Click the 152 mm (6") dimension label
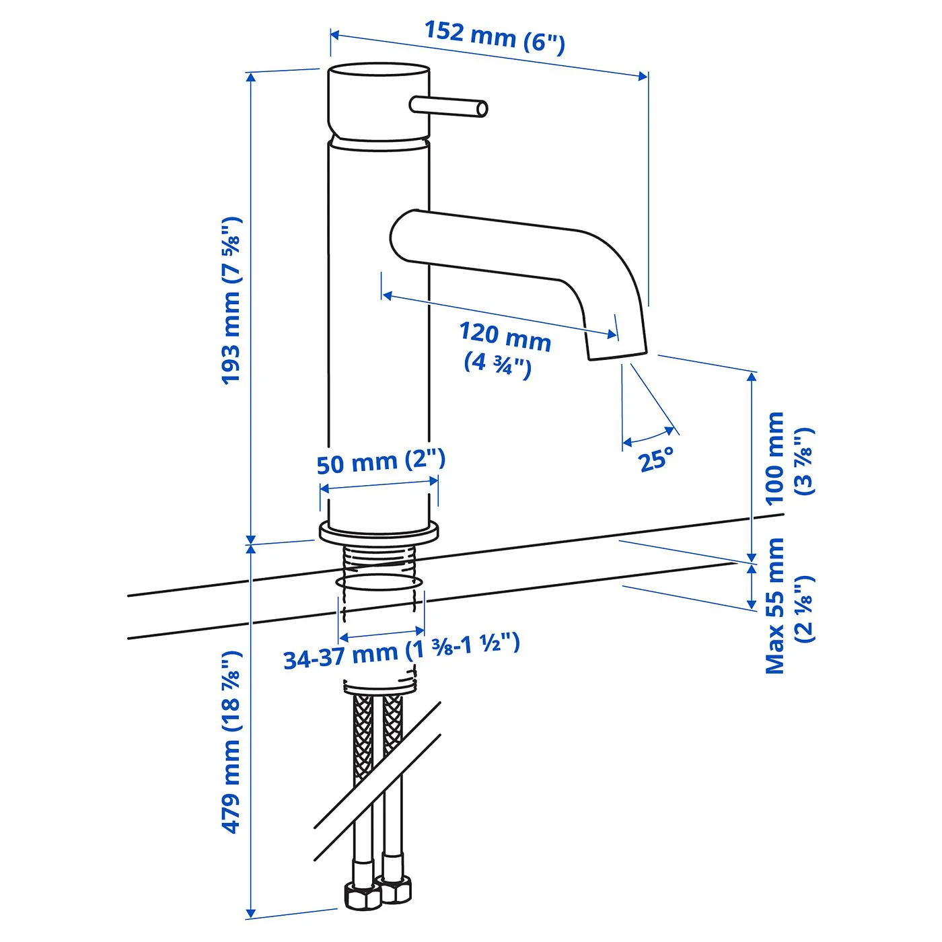[495, 36]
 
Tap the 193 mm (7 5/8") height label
[231, 300]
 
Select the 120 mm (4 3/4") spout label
[504, 349]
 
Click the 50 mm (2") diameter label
[381, 461]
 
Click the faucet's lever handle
[448, 106]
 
